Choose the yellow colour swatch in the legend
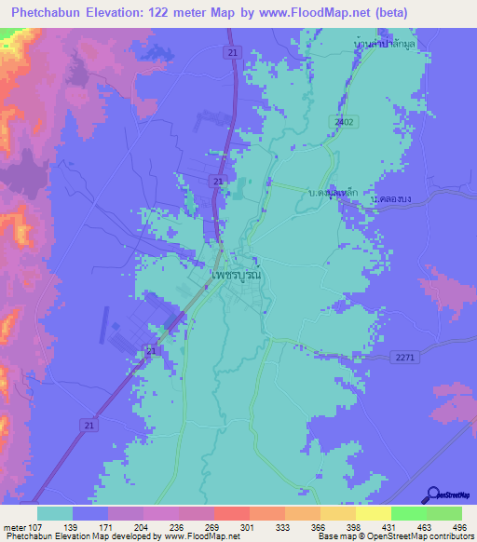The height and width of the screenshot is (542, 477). [x=374, y=513]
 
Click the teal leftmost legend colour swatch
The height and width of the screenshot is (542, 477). [x=55, y=513]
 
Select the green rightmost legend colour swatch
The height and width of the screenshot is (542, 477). [x=444, y=513]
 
